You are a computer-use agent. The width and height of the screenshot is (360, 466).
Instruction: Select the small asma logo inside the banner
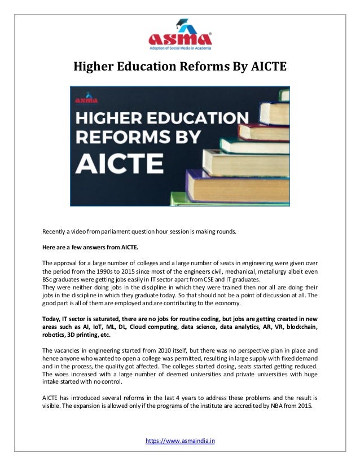tap(86, 99)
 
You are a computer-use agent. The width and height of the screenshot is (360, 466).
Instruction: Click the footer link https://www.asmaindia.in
tap(180, 439)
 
